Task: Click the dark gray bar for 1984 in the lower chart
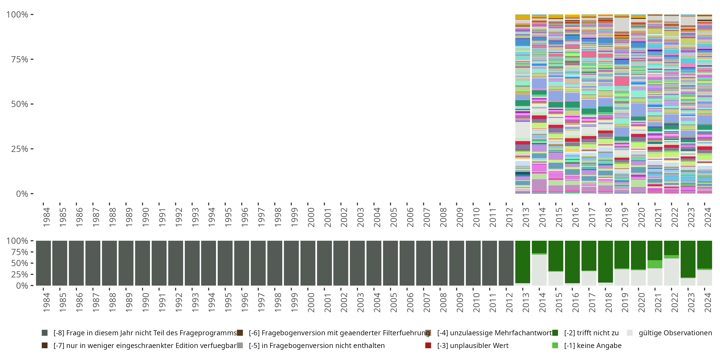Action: coord(43,263)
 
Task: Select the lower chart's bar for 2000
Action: coord(308,263)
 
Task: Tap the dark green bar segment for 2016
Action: coord(572,262)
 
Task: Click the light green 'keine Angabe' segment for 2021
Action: coord(655,264)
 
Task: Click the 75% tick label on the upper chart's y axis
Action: coord(19,59)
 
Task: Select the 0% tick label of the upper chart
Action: coord(22,194)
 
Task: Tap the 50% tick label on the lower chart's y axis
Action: coord(19,263)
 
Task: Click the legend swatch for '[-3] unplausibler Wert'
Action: coord(428,345)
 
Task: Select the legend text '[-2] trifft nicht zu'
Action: coord(591,333)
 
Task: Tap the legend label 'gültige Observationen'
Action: coord(675,333)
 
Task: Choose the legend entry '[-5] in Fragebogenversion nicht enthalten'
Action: coord(316,345)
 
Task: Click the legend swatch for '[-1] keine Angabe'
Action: coord(555,345)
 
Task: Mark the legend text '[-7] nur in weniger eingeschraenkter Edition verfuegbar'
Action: coord(145,345)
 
